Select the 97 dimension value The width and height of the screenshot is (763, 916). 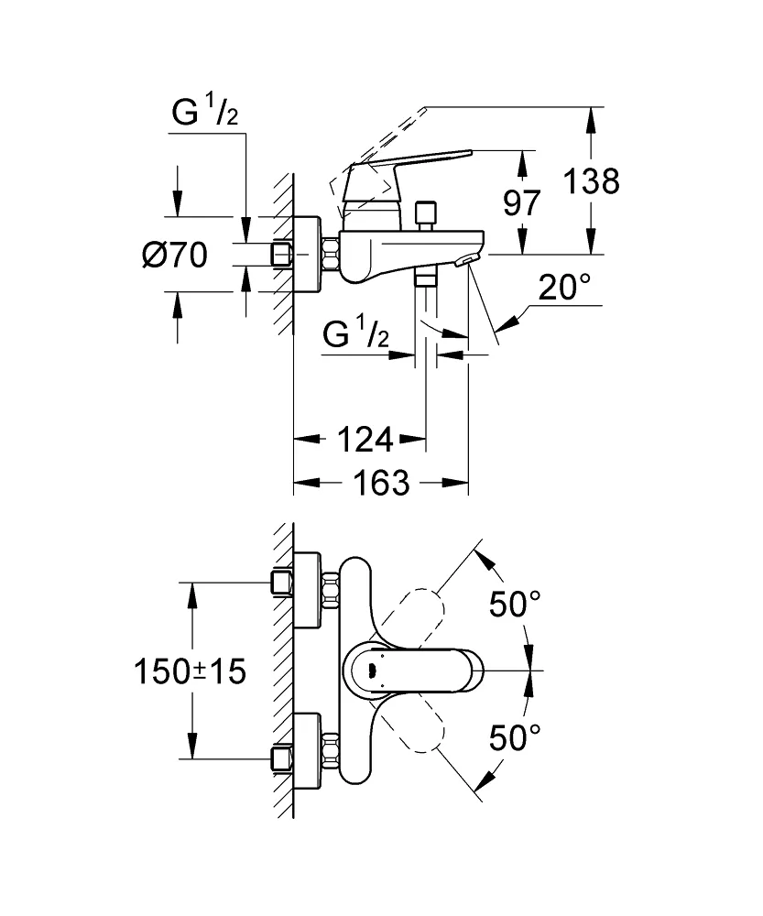523,202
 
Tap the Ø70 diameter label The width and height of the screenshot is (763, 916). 175,255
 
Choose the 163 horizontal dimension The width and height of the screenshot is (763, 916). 380,482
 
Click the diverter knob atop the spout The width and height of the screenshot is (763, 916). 424,216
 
